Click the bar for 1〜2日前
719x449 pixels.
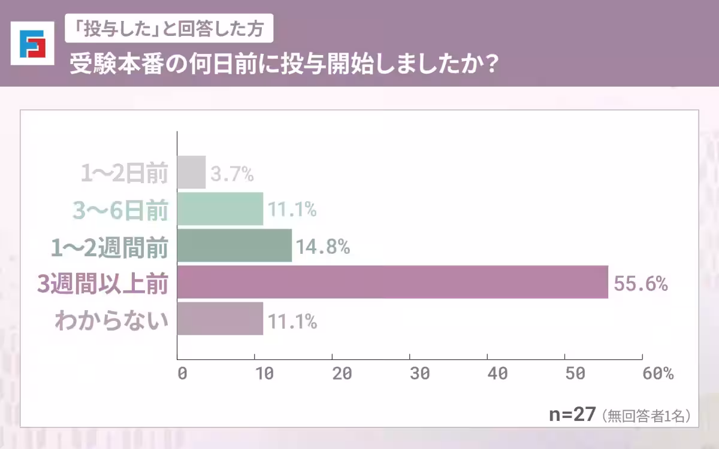click(x=192, y=172)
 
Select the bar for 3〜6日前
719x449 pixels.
click(x=220, y=209)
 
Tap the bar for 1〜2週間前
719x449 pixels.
click(x=235, y=245)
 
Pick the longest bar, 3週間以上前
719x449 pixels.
click(x=393, y=282)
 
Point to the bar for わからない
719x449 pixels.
click(x=220, y=318)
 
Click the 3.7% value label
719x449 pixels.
click(x=232, y=174)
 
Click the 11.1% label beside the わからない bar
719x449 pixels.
click(x=292, y=321)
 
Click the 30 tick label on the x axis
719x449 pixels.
click(x=419, y=373)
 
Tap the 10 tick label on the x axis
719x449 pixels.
click(x=264, y=373)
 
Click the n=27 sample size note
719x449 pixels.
click(x=572, y=415)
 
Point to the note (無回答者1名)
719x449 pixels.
click(x=647, y=415)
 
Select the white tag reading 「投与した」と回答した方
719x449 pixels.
click(x=169, y=29)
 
